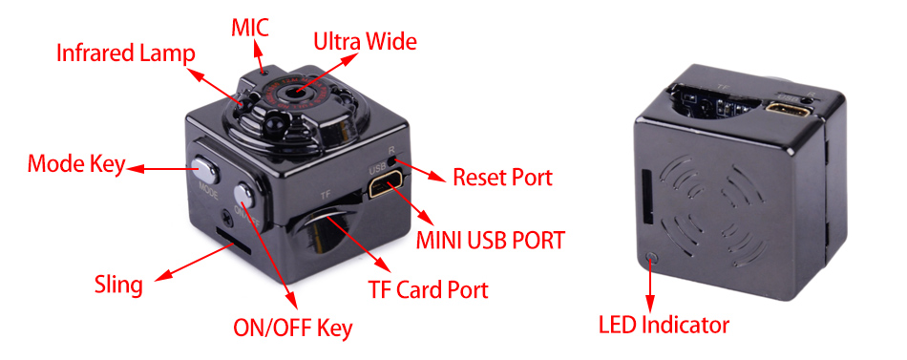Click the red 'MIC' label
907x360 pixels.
coord(250,28)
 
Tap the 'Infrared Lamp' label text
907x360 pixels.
coord(125,53)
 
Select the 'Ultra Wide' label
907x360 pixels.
coord(365,41)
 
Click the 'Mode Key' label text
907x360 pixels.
coord(75,164)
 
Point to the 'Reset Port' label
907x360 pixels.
coord(502,177)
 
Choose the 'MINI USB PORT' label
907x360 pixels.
coord(490,240)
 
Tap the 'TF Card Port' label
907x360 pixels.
coord(428,288)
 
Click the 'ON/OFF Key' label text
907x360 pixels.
coord(293,328)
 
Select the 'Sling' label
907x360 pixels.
coord(118,285)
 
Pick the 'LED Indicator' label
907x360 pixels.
coord(664,324)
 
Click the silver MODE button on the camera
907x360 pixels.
coord(204,168)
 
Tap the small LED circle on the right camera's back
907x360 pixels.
coord(652,255)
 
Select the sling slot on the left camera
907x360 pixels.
coord(233,241)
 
